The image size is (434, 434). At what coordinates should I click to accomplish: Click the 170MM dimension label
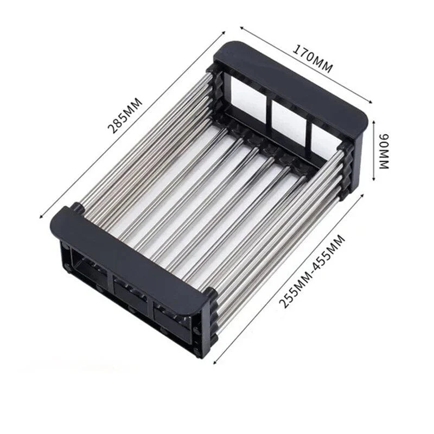tap(313, 59)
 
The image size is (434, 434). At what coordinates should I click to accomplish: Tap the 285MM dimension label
tap(125, 116)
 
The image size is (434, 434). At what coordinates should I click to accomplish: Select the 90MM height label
tap(384, 151)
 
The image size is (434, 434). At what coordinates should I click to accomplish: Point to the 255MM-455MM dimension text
tap(312, 272)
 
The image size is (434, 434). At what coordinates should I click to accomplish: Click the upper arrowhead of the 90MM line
tap(374, 122)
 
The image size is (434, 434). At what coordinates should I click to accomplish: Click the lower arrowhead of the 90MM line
tap(374, 179)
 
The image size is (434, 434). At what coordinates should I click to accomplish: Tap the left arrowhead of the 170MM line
tap(241, 28)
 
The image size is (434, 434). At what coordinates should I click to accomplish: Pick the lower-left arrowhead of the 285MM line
tap(42, 216)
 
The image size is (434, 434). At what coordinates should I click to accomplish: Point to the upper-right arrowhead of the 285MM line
tap(224, 33)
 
